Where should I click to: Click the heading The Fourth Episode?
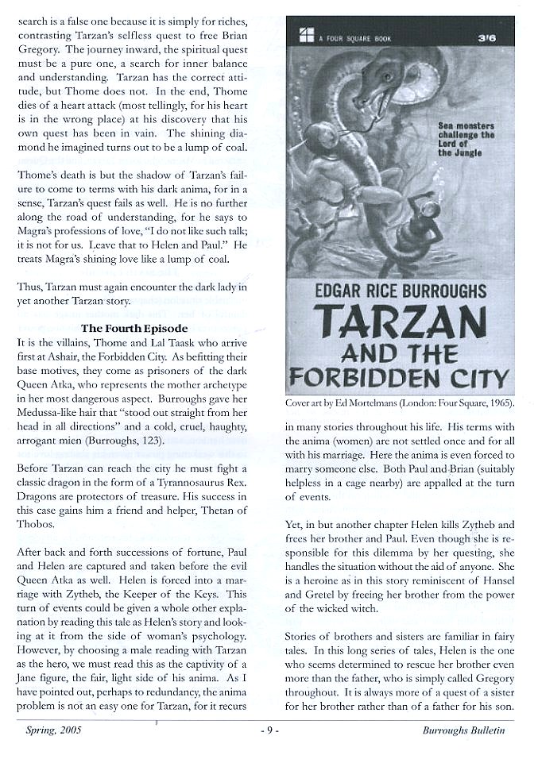click(134, 328)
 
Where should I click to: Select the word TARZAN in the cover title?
click(400, 320)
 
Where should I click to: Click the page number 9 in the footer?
click(269, 730)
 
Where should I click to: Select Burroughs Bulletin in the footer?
click(463, 730)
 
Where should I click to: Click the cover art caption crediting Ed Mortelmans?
click(399, 403)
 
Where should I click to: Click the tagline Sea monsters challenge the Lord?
click(466, 139)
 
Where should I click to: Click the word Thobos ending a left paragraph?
click(37, 526)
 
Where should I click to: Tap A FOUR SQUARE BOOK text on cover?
click(347, 37)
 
